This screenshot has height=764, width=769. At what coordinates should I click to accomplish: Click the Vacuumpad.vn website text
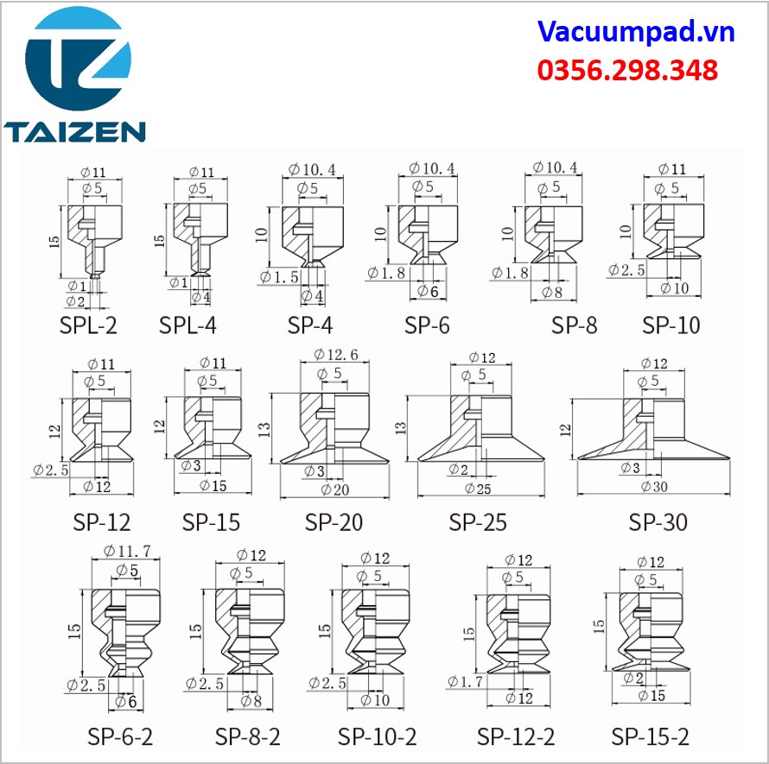636,32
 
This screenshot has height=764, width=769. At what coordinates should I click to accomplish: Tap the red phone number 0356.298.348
628,70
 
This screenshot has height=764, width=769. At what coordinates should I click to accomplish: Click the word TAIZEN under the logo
74,131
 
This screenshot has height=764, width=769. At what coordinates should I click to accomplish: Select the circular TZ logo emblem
78,59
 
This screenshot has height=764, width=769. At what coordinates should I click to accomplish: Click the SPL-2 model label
88,325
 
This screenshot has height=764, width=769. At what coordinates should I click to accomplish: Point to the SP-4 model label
310,325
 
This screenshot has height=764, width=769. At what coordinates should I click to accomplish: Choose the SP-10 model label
670,325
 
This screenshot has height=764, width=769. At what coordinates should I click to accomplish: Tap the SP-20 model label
334,522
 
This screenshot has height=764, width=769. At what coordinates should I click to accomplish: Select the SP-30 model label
658,522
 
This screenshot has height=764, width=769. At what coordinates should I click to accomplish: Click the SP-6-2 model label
120,736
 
